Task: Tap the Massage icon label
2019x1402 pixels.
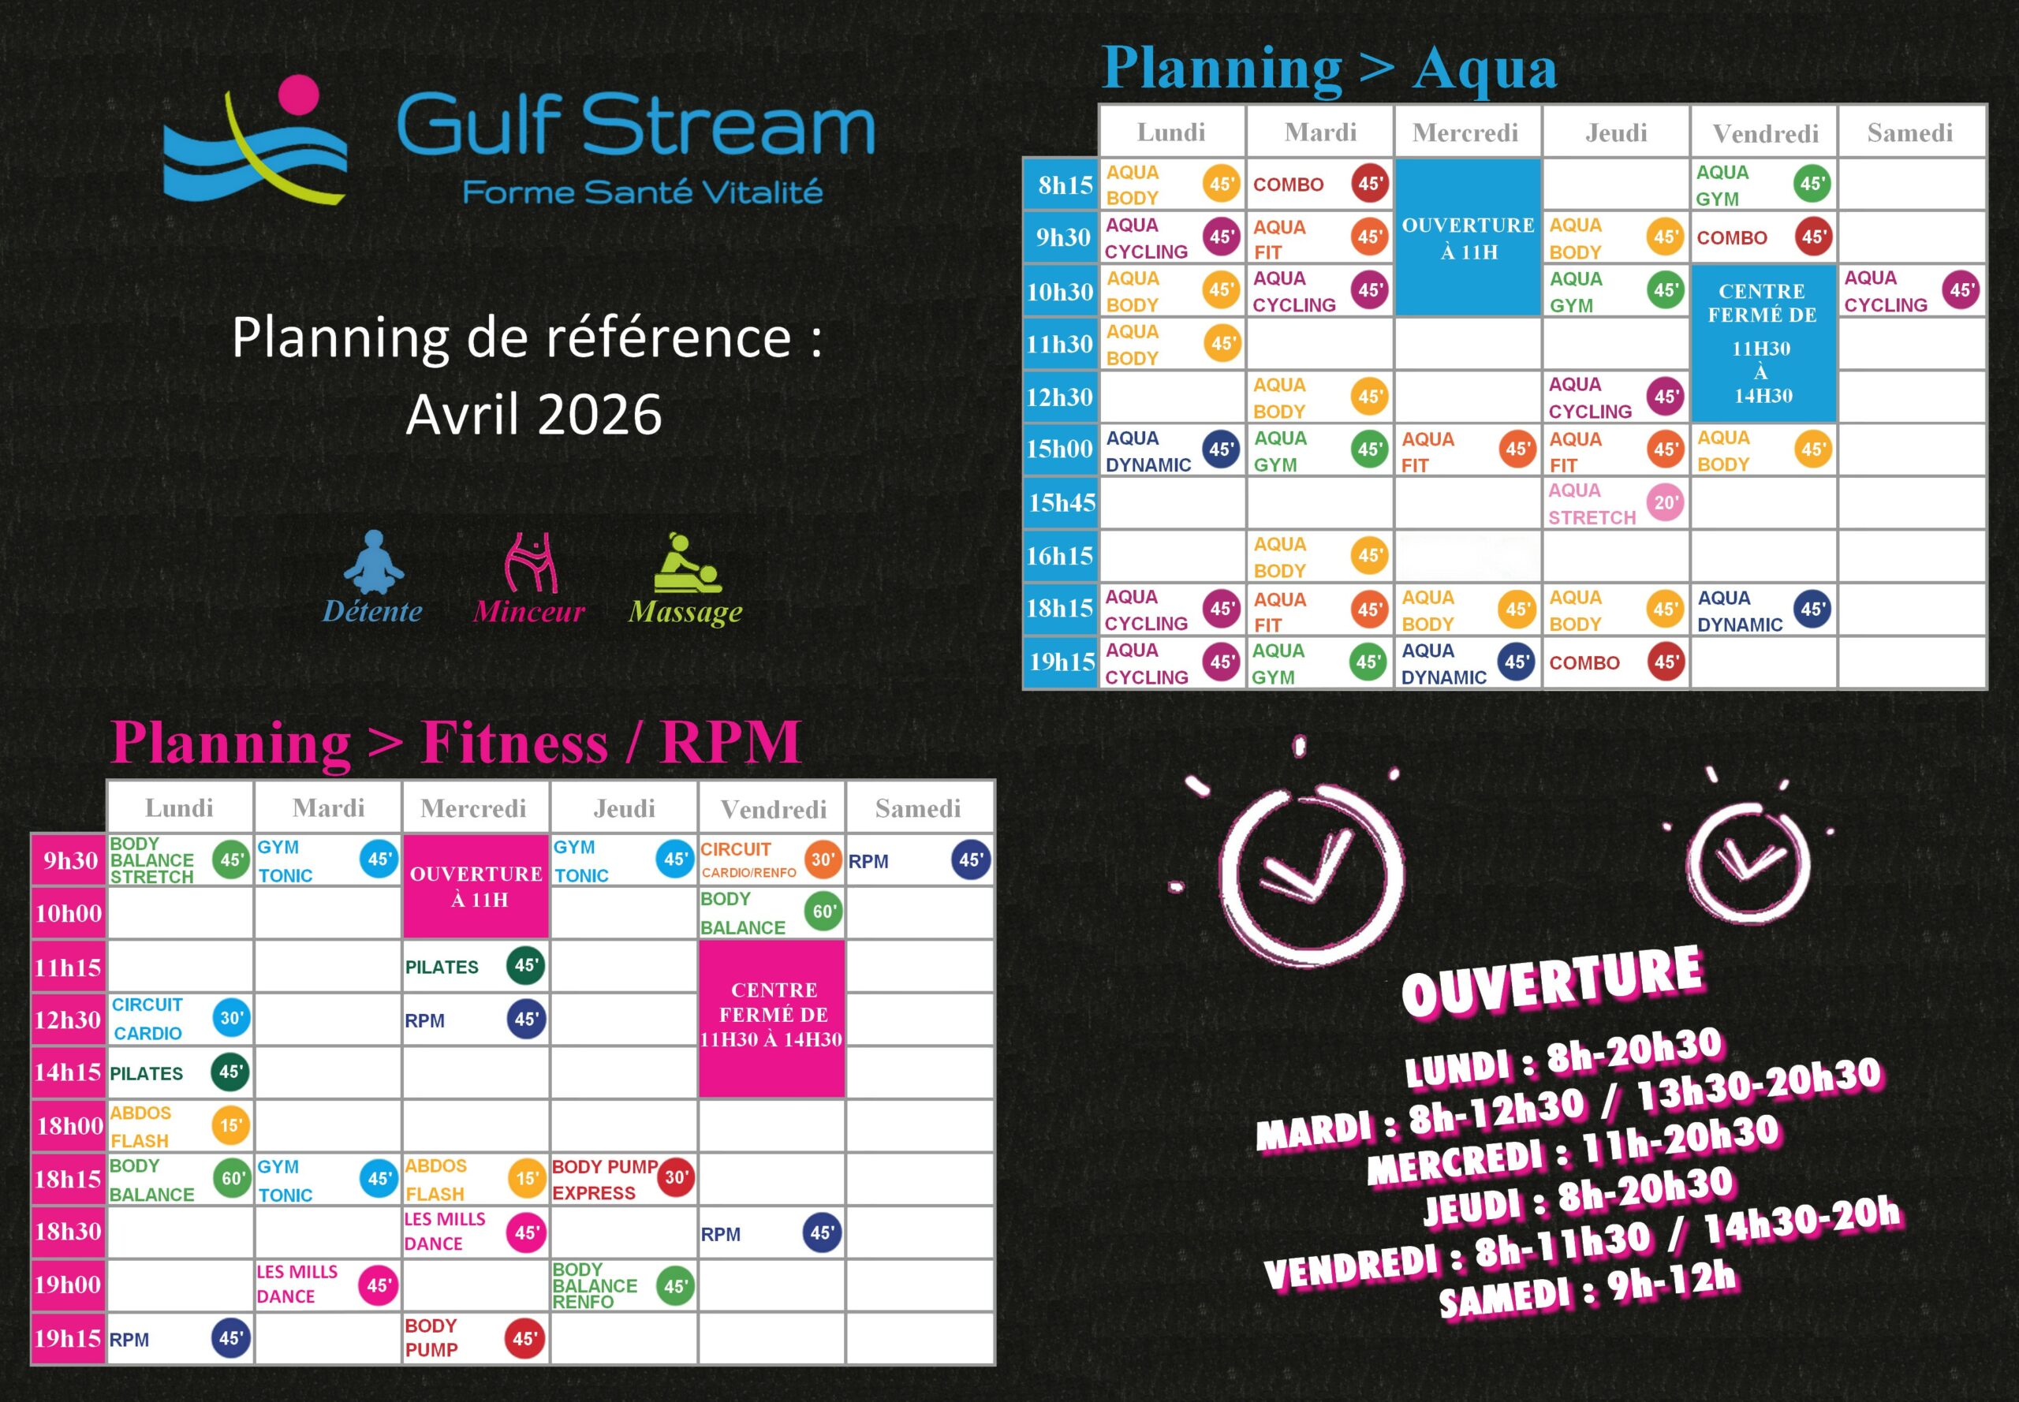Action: click(685, 611)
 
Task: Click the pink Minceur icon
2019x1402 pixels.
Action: click(531, 562)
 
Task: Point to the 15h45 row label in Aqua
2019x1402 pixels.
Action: click(1062, 502)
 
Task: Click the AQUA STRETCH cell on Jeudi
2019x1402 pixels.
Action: click(1616, 503)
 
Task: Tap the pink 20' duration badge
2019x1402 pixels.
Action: click(1666, 502)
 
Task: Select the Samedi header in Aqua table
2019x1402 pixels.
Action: click(1910, 132)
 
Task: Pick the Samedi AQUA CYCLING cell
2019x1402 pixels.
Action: click(1912, 291)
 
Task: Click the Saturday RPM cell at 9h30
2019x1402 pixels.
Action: click(919, 860)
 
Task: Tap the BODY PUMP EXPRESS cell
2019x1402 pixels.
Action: click(623, 1179)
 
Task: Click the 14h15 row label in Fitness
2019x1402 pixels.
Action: click(68, 1072)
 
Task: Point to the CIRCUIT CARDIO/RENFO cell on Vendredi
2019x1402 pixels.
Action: click(771, 860)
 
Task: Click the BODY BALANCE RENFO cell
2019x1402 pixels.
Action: click(623, 1285)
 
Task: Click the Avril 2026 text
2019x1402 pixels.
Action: click(533, 415)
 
